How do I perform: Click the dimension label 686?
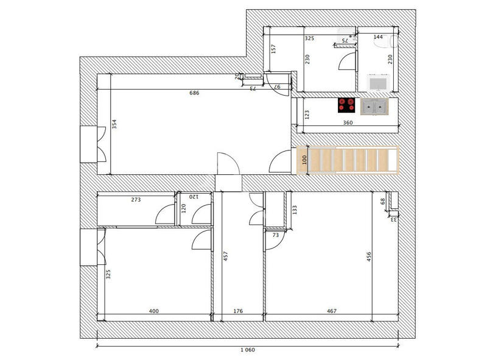[x=194, y=93]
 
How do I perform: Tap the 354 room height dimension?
[x=114, y=124]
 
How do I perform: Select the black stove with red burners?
[x=346, y=105]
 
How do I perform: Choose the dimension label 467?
[x=331, y=311]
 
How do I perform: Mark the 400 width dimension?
[x=154, y=311]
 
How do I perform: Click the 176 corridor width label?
[x=238, y=311]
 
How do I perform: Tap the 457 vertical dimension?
[x=225, y=256]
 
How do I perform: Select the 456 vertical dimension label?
[x=368, y=256]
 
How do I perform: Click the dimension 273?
[x=136, y=199]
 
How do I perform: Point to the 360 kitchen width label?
[x=348, y=122]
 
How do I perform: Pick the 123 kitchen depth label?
[x=307, y=114]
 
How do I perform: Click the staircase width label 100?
[x=304, y=160]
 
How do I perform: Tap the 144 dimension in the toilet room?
[x=378, y=37]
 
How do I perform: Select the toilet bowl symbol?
[x=394, y=41]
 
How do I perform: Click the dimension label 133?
[x=295, y=210]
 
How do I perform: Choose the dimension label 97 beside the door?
[x=277, y=88]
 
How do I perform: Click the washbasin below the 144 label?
[x=379, y=83]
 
